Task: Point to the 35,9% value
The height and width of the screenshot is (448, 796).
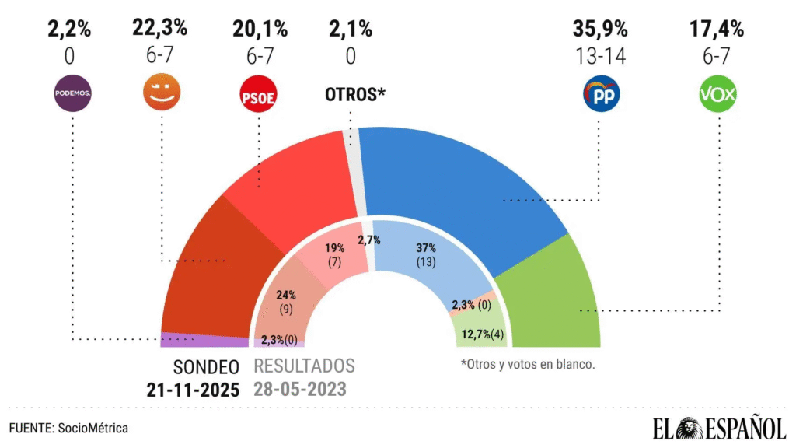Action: click(600, 30)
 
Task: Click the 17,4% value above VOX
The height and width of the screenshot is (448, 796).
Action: click(717, 30)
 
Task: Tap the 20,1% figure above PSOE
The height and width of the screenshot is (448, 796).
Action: click(260, 30)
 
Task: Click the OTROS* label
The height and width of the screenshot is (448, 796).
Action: click(354, 95)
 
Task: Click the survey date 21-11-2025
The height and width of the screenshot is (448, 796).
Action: click(193, 389)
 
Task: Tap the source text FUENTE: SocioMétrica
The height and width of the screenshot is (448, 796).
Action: click(68, 428)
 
